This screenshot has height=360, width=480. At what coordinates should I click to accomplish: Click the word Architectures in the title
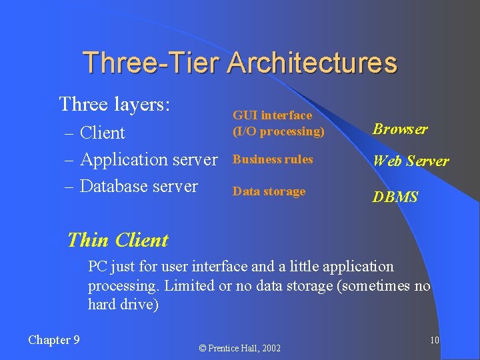pos(312,63)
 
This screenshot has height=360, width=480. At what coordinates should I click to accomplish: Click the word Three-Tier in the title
pos(152,63)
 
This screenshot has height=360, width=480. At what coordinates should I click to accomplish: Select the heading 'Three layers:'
pos(115,105)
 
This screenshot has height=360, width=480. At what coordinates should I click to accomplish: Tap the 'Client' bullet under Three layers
pos(102,133)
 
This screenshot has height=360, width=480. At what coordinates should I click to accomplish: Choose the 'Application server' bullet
pos(148,159)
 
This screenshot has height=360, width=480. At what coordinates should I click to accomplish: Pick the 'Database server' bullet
pos(138,186)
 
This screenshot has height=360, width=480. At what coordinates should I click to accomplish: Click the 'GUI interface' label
pos(272,115)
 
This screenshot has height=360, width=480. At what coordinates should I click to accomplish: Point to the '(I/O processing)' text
pos(278,131)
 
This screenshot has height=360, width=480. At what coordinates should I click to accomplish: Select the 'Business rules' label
pos(272,159)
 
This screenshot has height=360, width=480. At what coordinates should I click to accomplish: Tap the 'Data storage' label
pos(269,191)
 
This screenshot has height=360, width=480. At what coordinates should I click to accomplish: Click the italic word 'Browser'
pos(400,129)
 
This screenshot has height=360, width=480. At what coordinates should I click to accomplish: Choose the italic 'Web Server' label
pos(411,161)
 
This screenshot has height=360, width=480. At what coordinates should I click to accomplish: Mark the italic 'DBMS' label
pos(395,197)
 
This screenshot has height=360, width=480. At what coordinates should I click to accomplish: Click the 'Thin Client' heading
pos(118,240)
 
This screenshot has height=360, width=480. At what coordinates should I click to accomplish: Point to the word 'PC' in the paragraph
pos(97,267)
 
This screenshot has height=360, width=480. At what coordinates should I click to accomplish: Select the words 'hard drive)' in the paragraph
pos(123,305)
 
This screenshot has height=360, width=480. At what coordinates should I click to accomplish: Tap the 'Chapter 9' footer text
pos(54,340)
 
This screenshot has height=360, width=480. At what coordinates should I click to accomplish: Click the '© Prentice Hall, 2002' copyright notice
pos(240,348)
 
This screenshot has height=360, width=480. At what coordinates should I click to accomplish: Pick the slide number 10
pos(434,341)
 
